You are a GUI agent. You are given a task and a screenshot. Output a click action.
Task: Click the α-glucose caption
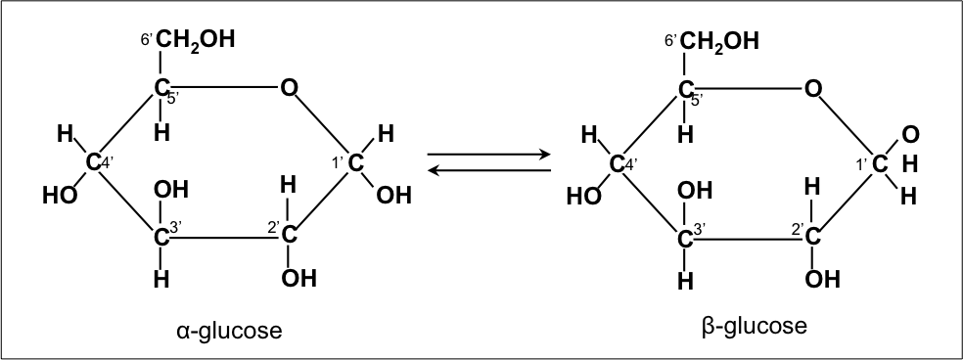pyautogui.click(x=229, y=331)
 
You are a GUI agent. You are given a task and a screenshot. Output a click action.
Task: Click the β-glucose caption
pyautogui.click(x=754, y=326)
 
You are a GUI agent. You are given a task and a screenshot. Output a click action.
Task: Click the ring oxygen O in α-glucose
pyautogui.click(x=288, y=89)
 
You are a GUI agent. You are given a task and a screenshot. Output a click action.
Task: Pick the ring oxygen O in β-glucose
pyautogui.click(x=812, y=89)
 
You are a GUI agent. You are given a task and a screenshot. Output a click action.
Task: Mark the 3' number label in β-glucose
pyautogui.click(x=702, y=230)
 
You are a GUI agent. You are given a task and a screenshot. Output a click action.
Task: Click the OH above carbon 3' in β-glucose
pyautogui.click(x=696, y=190)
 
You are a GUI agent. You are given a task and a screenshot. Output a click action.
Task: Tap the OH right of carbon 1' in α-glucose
pyautogui.click(x=393, y=195)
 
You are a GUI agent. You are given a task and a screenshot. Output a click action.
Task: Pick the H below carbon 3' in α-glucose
pyautogui.click(x=161, y=280)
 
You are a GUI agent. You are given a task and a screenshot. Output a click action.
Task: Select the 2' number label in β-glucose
pyautogui.click(x=798, y=229)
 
